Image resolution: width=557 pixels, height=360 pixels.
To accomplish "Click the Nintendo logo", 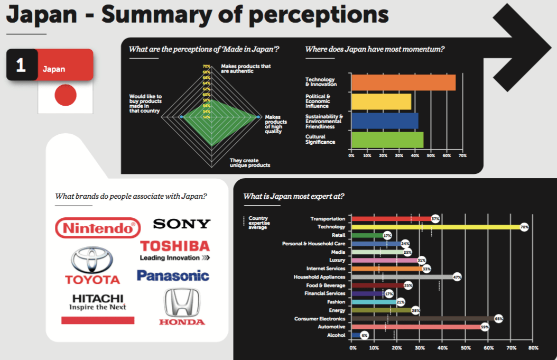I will (x=98, y=228).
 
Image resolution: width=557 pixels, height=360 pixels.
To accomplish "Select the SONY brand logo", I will (x=181, y=224).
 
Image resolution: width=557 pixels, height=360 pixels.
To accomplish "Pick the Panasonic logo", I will (x=173, y=275).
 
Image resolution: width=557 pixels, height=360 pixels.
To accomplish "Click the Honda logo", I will (x=182, y=307).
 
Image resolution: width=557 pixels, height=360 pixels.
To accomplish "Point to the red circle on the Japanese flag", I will (x=66, y=95).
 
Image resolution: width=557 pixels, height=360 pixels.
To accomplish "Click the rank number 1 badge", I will (x=21, y=65).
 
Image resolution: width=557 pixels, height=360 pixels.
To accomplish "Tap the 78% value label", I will (x=524, y=227).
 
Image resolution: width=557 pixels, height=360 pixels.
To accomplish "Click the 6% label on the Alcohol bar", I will (x=364, y=336).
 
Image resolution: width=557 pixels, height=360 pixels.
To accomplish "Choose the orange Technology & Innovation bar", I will (x=403, y=82).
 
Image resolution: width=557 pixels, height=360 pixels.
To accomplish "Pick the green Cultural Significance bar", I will (x=387, y=140).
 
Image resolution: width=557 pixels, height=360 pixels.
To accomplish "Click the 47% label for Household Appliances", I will (x=457, y=277).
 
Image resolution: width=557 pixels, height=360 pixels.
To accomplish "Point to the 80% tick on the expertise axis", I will (x=533, y=348).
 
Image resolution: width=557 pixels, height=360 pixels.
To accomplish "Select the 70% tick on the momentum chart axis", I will (x=462, y=156).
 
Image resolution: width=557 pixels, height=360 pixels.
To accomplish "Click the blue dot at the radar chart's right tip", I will (x=258, y=116).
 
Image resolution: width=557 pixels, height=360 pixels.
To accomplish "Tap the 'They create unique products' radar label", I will (x=249, y=162).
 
